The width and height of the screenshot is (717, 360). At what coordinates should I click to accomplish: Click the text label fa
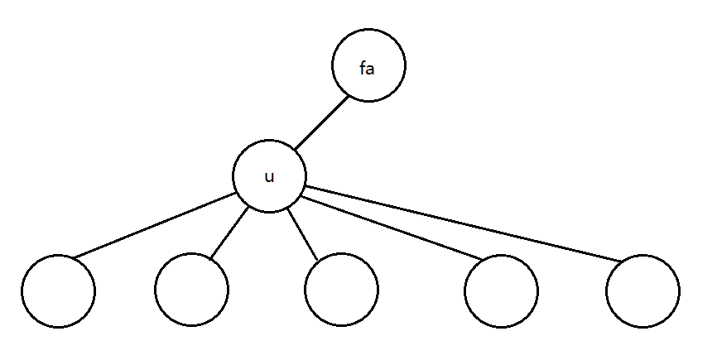368,69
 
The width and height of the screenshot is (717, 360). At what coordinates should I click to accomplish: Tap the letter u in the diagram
269,177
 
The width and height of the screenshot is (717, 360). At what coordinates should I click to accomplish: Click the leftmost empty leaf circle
58,290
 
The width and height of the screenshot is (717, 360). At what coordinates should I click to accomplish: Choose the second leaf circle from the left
191,290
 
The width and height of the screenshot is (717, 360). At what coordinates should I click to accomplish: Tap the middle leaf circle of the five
340,290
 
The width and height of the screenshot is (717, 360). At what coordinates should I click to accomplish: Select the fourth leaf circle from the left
501,290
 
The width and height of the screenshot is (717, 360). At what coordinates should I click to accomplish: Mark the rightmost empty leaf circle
642,290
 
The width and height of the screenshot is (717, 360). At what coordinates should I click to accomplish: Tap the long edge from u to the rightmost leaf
464,226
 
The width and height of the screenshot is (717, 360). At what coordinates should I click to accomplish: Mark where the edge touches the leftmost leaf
72,257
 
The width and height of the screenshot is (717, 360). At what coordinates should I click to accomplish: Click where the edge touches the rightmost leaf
624,259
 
